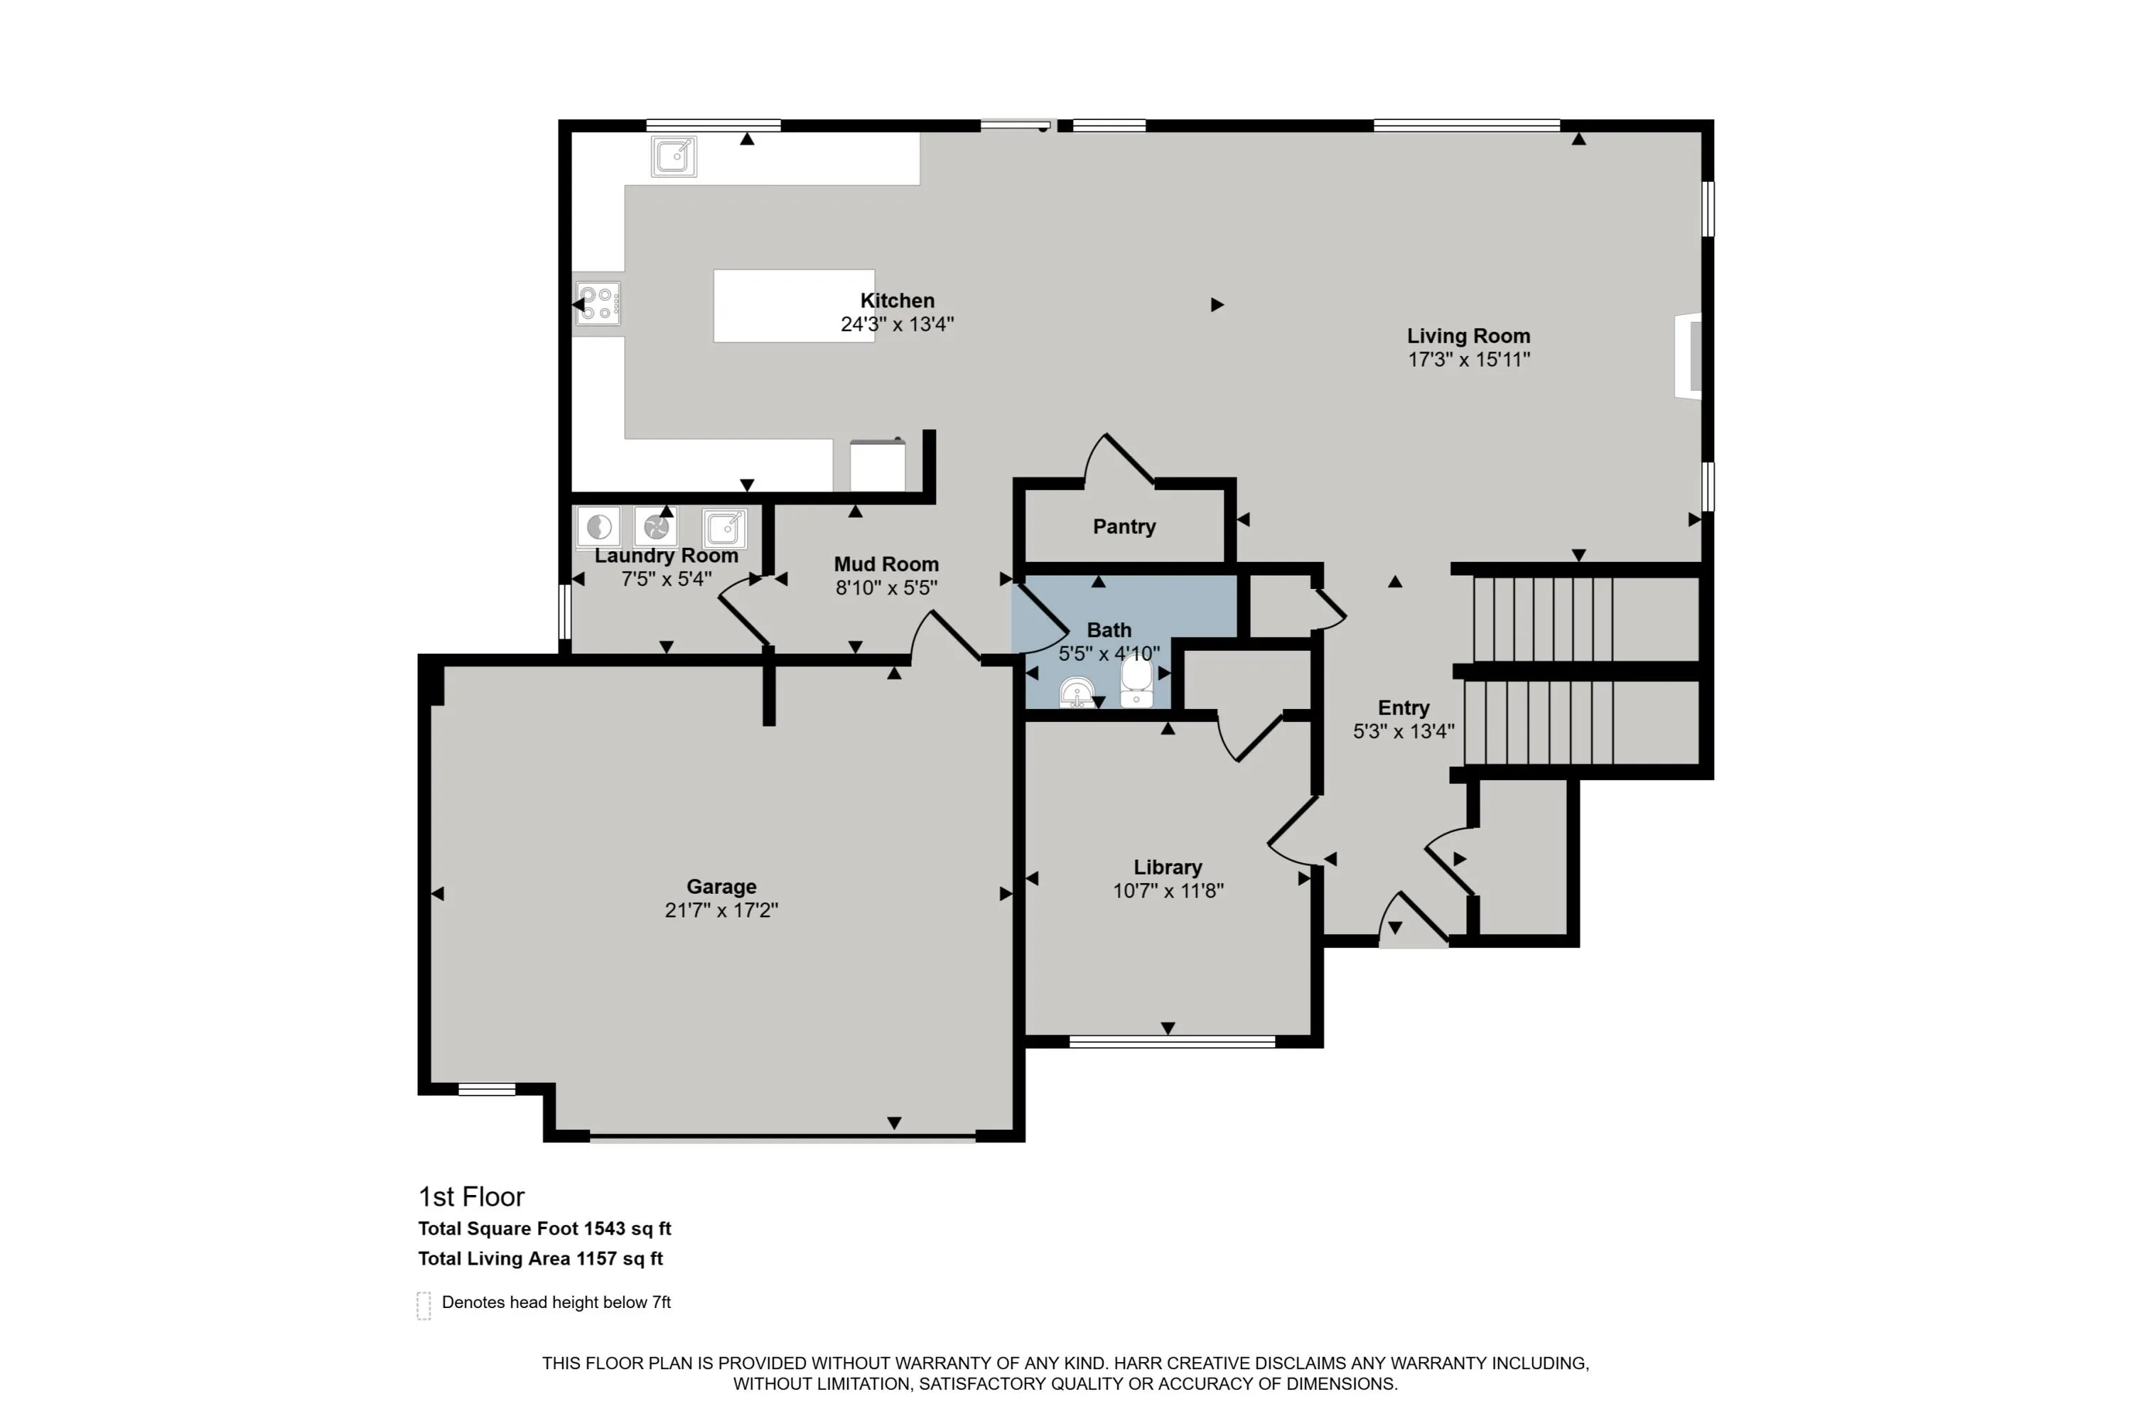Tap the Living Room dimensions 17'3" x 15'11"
coord(1468,360)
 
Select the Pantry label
coord(1124,526)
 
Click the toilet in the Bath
coord(1136,681)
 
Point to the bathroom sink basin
coord(1076,693)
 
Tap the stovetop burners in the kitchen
coord(598,303)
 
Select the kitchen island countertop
coord(794,306)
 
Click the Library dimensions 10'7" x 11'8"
coord(1168,891)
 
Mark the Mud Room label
coord(885,565)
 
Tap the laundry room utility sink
coord(724,527)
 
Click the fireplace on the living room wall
coord(1689,355)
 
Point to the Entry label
coord(1403,708)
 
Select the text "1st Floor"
coord(471,1197)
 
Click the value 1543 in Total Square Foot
coord(605,1229)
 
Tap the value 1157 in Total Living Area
coord(596,1259)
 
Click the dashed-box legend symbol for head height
coord(424,1306)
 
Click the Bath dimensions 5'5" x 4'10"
coord(1109,654)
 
